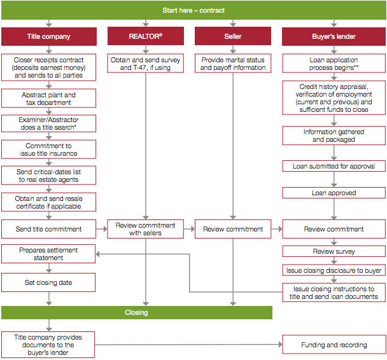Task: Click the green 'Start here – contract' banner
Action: click(193, 10)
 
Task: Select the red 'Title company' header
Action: click(49, 36)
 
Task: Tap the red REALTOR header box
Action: click(146, 36)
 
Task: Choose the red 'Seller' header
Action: click(233, 36)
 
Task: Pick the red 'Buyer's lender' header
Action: click(334, 36)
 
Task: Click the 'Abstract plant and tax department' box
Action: click(48, 99)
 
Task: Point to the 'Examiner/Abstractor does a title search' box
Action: click(48, 123)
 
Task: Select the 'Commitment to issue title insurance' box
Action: click(48, 149)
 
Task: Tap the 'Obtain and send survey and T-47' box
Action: click(145, 64)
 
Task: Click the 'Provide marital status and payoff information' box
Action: click(233, 64)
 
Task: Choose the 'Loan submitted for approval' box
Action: click(334, 166)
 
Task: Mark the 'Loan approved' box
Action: click(334, 193)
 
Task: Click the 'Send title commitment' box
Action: click(48, 229)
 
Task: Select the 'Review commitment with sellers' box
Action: click(145, 229)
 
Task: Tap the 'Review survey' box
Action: click(334, 251)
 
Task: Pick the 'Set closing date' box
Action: click(48, 282)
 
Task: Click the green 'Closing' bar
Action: click(137, 313)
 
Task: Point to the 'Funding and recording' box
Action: click(334, 345)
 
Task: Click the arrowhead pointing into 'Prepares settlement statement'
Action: click(98, 254)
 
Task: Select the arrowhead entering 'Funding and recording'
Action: click(280, 345)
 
